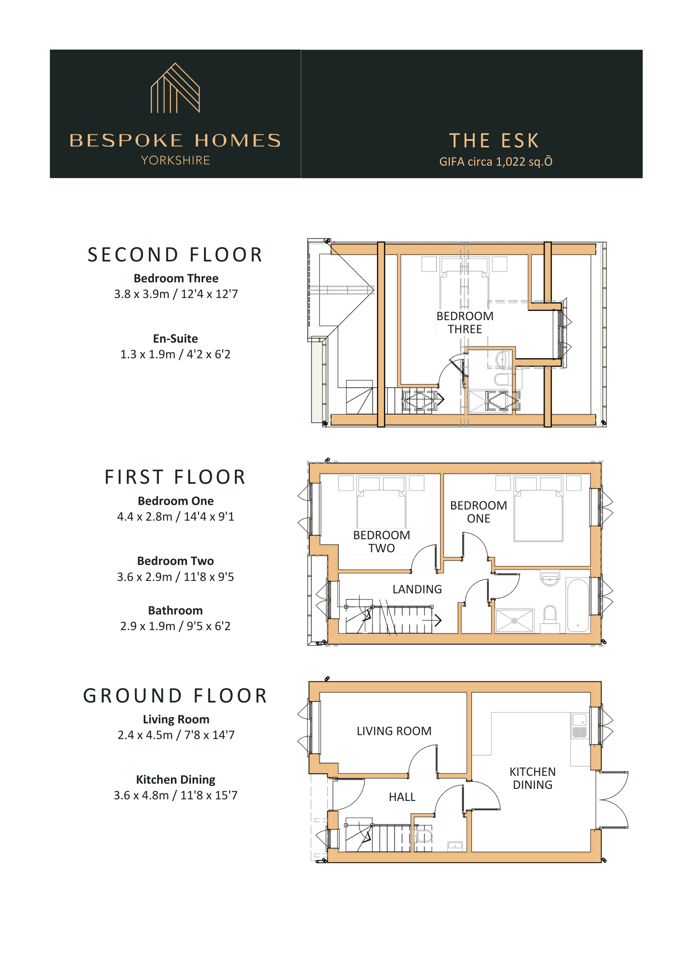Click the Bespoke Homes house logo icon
point(175,88)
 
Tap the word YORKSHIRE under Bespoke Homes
point(175,161)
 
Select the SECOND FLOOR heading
point(175,255)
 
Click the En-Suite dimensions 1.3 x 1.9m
point(175,354)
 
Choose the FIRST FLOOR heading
point(175,477)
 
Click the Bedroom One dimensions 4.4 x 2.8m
point(176,517)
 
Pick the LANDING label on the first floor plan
point(417,589)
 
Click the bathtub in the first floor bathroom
point(578,605)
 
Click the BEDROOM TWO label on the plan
point(382,542)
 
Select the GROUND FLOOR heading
point(175,696)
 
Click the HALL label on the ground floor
point(402,797)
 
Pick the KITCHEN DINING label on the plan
point(533,778)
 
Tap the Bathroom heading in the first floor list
point(175,610)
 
